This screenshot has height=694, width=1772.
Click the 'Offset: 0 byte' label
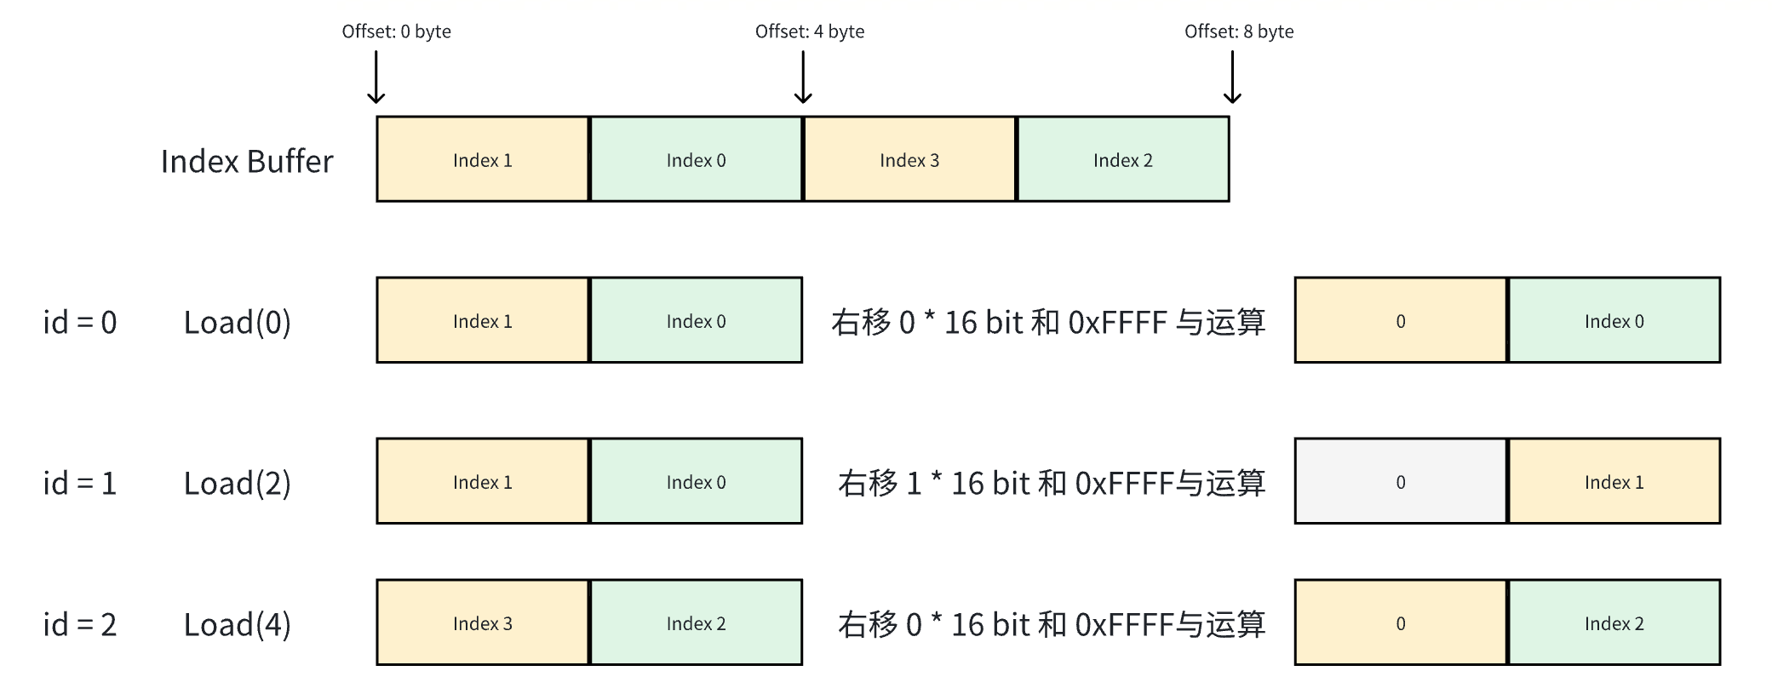(396, 32)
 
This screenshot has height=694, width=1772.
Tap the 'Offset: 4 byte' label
(809, 32)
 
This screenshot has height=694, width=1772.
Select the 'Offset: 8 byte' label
(1238, 32)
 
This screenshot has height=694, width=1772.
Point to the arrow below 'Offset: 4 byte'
(802, 77)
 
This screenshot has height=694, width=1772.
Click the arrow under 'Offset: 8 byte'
(1232, 77)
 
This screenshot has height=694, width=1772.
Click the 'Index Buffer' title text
(247, 161)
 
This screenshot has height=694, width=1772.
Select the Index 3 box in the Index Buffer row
(909, 160)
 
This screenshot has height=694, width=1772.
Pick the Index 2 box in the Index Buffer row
(1122, 160)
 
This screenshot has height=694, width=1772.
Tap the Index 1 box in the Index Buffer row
(483, 160)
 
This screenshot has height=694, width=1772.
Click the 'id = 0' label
(80, 322)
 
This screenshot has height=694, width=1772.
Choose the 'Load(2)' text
(238, 483)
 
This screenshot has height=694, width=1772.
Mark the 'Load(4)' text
(238, 624)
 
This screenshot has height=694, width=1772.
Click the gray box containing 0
(1401, 482)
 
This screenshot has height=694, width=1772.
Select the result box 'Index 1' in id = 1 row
(1614, 482)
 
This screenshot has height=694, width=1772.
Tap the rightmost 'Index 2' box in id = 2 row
(1614, 623)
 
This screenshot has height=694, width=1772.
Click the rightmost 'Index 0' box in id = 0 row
(1614, 321)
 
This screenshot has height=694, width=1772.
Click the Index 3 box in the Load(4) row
(483, 623)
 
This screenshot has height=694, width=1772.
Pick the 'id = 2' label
(80, 624)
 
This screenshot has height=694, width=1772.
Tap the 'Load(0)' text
(238, 322)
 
